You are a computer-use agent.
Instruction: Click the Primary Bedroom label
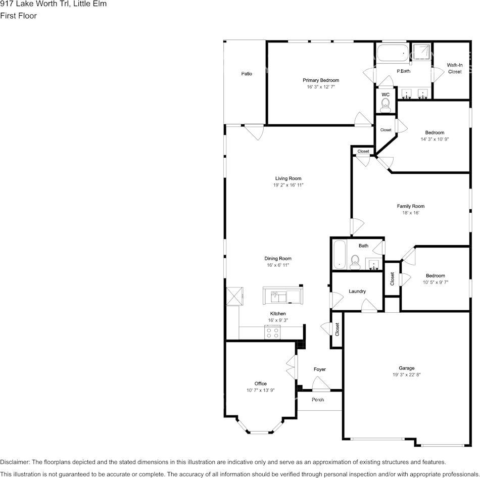[321, 80]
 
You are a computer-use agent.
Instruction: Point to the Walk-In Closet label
[455, 68]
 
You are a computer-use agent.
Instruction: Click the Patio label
[247, 74]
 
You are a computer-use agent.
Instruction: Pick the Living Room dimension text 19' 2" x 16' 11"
[289, 185]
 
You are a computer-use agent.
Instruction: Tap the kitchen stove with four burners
[273, 332]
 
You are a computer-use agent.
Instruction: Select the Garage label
[406, 368]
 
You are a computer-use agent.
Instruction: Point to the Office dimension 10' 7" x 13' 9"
[261, 391]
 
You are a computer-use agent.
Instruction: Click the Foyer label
[320, 369]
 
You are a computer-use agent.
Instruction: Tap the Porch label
[318, 400]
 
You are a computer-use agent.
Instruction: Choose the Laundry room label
[357, 292]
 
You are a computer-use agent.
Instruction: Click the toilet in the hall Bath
[355, 261]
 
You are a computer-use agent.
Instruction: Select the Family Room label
[410, 206]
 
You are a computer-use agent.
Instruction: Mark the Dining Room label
[278, 259]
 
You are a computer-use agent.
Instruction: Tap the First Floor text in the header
[19, 16]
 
